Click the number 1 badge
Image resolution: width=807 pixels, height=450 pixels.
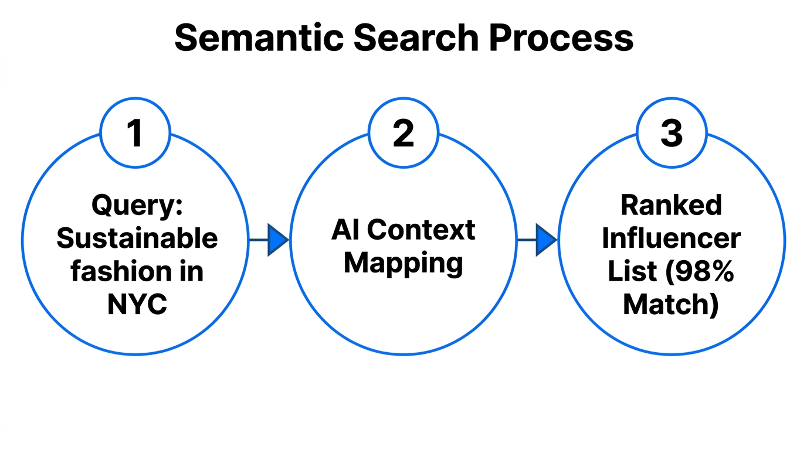[x=135, y=133]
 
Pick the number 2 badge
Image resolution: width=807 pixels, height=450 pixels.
[x=403, y=133]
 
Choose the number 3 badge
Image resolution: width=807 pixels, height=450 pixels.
[x=672, y=133]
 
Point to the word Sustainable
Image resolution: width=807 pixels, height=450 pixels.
[x=137, y=238]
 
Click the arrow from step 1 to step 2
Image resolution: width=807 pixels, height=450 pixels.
[x=270, y=240]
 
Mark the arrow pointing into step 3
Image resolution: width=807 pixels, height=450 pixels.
[x=538, y=240]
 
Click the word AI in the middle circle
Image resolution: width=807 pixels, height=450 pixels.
[x=345, y=230]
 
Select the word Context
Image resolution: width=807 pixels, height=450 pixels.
[x=421, y=230]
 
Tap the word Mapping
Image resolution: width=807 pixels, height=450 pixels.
[x=403, y=263]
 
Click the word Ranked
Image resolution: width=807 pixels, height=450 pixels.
[x=672, y=205]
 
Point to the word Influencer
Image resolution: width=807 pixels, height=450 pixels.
[x=672, y=238]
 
